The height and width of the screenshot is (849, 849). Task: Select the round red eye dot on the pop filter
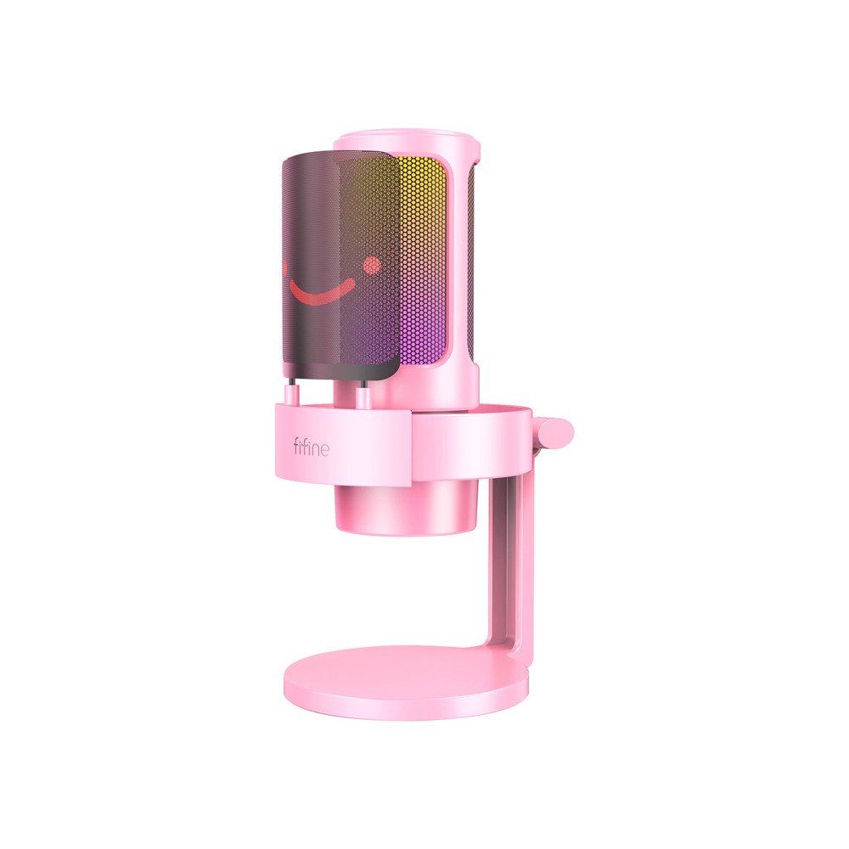point(371,266)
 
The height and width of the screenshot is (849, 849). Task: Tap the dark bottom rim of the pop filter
point(340,374)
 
